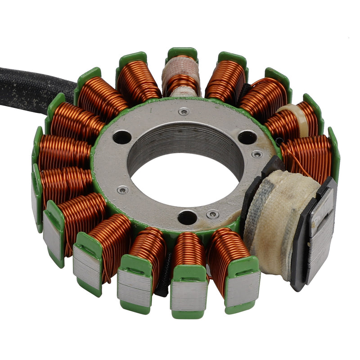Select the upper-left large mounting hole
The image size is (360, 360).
pyautogui.click(x=121, y=137)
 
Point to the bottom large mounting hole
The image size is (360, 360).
pyautogui.click(x=187, y=217)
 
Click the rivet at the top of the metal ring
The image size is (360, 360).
pyautogui.click(x=184, y=112)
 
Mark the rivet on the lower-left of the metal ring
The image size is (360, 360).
pyautogui.click(x=122, y=190)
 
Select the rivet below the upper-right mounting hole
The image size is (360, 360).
pyautogui.click(x=257, y=154)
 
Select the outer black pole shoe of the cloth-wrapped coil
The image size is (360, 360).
pyautogui.click(x=320, y=229)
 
